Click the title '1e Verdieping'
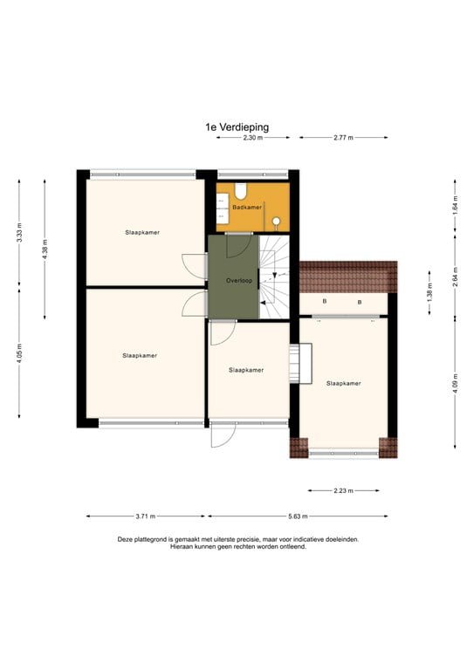237,126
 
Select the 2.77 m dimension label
343,138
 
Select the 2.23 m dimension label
343,490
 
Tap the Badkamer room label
247,208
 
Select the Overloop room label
238,281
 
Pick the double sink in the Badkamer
221,207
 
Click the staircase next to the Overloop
276,275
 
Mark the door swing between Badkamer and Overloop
236,245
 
